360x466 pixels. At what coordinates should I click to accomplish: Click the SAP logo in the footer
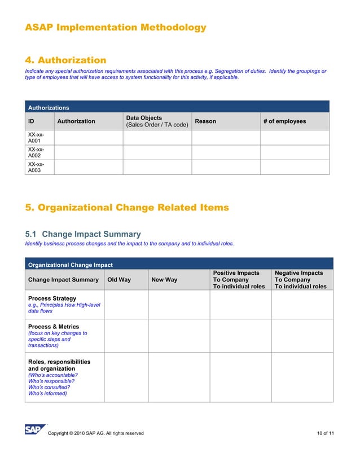pos(34,430)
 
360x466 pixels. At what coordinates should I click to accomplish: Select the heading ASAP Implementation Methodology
pos(116,27)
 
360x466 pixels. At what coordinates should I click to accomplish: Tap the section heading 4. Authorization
pos(65,60)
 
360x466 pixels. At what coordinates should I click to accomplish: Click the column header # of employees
pos(284,121)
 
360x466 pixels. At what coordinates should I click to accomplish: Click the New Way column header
pos(164,280)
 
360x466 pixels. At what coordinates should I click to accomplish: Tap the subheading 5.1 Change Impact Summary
pos(83,234)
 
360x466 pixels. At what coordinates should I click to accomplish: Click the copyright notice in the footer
pos(96,433)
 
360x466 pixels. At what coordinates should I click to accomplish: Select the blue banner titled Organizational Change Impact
pos(179,264)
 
